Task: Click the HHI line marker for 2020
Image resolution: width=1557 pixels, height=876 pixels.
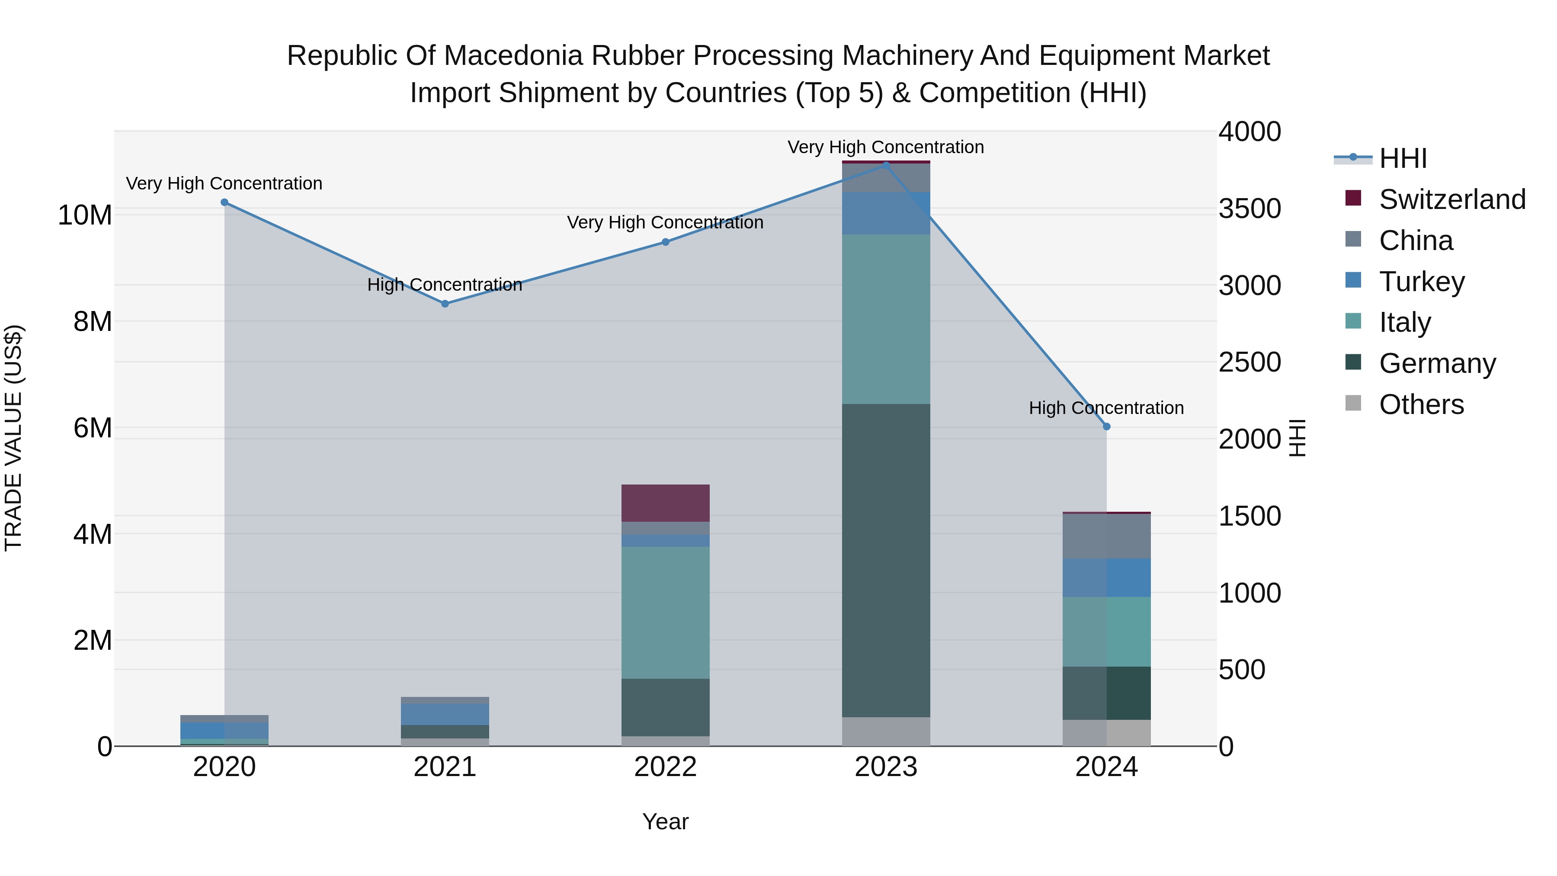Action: pos(224,202)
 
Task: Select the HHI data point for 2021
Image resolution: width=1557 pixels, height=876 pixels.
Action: pos(445,304)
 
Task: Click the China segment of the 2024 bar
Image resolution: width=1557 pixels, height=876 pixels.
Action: pos(1107,536)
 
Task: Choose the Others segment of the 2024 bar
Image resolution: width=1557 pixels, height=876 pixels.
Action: pos(1107,733)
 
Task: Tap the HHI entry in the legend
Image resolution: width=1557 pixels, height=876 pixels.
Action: pos(1402,158)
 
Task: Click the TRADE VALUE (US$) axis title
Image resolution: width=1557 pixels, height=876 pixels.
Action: pos(14,438)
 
